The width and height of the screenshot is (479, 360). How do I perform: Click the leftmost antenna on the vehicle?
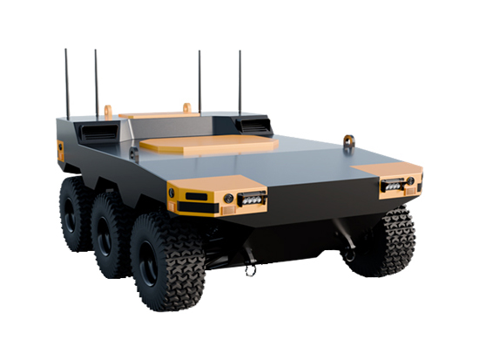(x=66, y=84)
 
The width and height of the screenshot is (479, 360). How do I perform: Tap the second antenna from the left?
(x=96, y=83)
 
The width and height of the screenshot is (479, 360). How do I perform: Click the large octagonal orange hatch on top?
(x=209, y=144)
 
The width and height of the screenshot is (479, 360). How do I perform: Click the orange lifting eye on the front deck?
(x=350, y=142)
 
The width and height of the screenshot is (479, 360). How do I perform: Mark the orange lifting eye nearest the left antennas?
(x=108, y=112)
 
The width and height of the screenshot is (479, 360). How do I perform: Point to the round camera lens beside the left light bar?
(x=229, y=199)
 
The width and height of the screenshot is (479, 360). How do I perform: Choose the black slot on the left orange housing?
(x=197, y=196)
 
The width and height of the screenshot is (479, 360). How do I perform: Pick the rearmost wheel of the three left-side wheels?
(x=75, y=214)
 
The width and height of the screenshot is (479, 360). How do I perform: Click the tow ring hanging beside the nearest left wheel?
(x=251, y=268)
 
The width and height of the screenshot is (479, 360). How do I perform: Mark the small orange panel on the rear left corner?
(x=60, y=150)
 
